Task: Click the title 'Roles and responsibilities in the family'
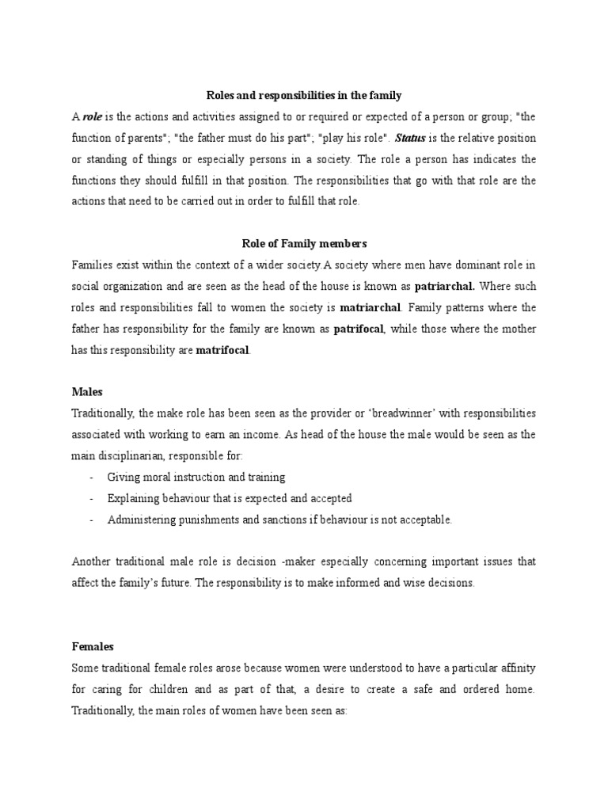pyautogui.click(x=303, y=95)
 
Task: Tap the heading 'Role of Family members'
pyautogui.click(x=303, y=243)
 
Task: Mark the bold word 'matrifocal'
pyautogui.click(x=221, y=350)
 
